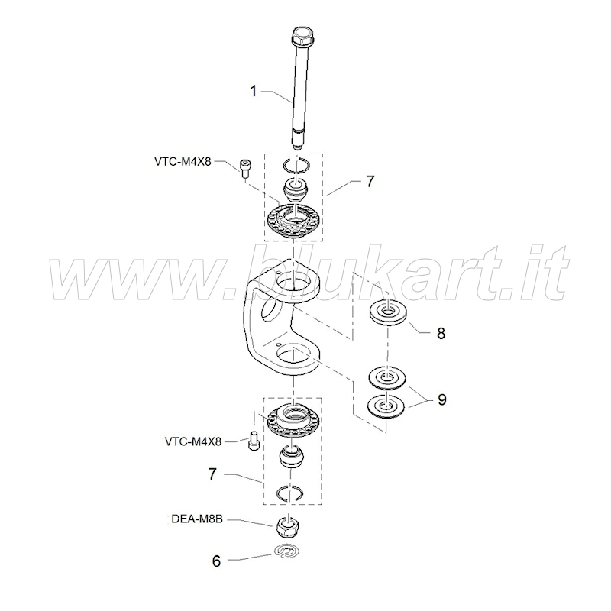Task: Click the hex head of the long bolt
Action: [x=302, y=36]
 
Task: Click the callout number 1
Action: [x=254, y=91]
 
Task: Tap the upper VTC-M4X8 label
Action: [x=183, y=161]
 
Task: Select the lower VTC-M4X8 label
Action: [x=193, y=441]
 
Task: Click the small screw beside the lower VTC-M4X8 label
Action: [x=254, y=441]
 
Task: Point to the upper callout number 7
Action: [x=370, y=181]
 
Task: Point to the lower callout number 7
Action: [x=212, y=474]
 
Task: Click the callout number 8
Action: [x=441, y=334]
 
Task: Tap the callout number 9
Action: [x=441, y=399]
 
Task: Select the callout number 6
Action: [x=216, y=561]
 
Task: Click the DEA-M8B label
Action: [x=197, y=519]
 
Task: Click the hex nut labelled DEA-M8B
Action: [x=288, y=526]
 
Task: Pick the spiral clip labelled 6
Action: [x=288, y=551]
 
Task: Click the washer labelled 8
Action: [x=388, y=312]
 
